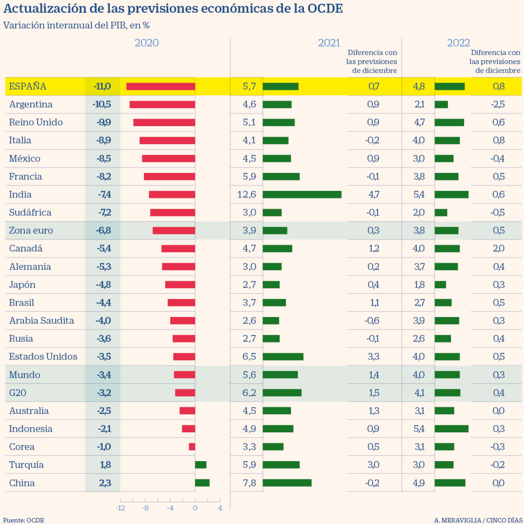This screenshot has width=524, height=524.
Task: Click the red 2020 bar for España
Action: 161,86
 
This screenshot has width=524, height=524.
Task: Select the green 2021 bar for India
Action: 302,195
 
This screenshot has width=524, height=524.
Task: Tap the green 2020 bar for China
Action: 202,483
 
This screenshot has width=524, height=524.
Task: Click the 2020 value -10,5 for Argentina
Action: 102,104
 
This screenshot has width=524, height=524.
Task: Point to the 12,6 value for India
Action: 247,195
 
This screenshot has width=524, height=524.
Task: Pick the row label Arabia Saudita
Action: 41,321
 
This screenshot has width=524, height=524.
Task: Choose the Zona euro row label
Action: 31,231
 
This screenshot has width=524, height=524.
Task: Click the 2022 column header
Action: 458,43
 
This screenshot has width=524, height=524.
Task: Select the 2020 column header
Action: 147,43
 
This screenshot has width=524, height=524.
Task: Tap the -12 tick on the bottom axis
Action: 120,508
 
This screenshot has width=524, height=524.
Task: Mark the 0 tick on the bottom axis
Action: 195,508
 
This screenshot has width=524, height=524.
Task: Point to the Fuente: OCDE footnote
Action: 24,520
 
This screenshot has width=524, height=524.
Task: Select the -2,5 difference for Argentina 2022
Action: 498,104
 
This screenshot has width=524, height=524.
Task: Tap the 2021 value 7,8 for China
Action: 249,483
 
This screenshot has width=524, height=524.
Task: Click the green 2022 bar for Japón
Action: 440,285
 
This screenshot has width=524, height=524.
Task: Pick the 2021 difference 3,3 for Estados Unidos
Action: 373,357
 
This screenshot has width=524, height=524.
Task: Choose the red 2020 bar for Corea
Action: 192,447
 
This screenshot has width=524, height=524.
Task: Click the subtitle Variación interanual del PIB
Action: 76,25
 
